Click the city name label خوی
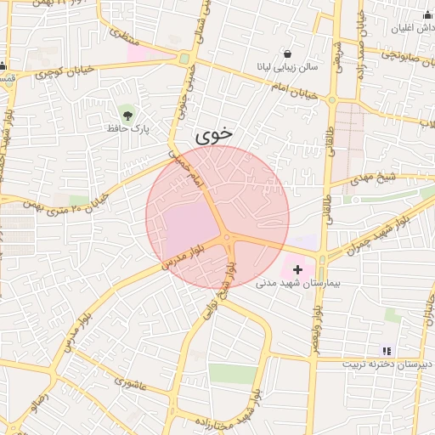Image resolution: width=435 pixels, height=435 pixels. (x=212, y=134)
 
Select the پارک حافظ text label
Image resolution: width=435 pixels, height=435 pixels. (x=127, y=128)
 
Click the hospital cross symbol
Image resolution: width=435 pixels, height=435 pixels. (x=297, y=268)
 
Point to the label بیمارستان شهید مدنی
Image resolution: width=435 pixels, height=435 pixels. (x=297, y=283)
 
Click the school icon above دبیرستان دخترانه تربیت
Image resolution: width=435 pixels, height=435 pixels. (x=387, y=350)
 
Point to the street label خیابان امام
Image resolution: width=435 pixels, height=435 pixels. (x=293, y=91)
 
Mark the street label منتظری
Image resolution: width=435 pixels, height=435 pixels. (x=122, y=35)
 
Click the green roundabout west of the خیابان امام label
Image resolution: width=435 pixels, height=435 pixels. (x=184, y=59)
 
